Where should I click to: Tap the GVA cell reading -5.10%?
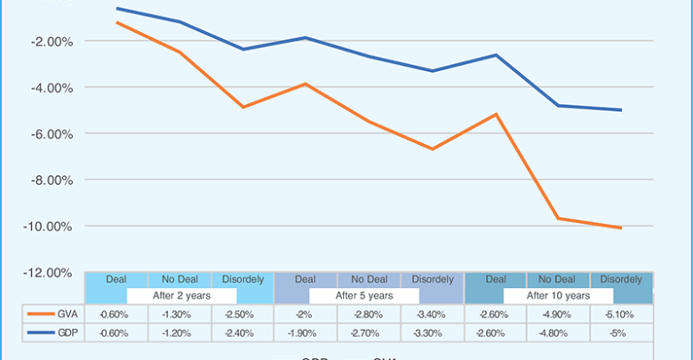[x=621, y=314]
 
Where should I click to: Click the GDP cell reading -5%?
[x=621, y=332]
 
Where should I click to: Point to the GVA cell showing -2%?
[x=305, y=314]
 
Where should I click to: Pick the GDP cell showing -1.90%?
[x=305, y=332]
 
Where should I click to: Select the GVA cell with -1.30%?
[x=179, y=314]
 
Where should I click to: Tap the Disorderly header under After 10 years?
[x=621, y=279]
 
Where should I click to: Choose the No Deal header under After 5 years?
[x=368, y=279]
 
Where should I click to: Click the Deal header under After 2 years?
[x=115, y=279]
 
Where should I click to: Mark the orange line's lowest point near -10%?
[x=621, y=228]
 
